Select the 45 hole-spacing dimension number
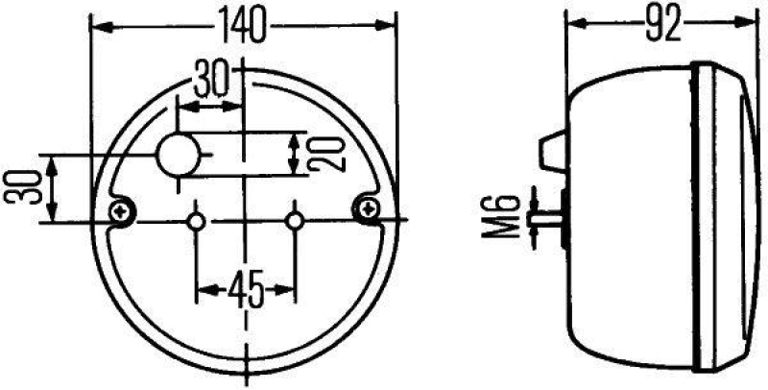coord(243,287)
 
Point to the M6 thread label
coord(510,219)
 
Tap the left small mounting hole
coord(197,222)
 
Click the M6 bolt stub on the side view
coord(550,218)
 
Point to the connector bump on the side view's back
coord(549,149)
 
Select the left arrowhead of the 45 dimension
coord(203,287)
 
